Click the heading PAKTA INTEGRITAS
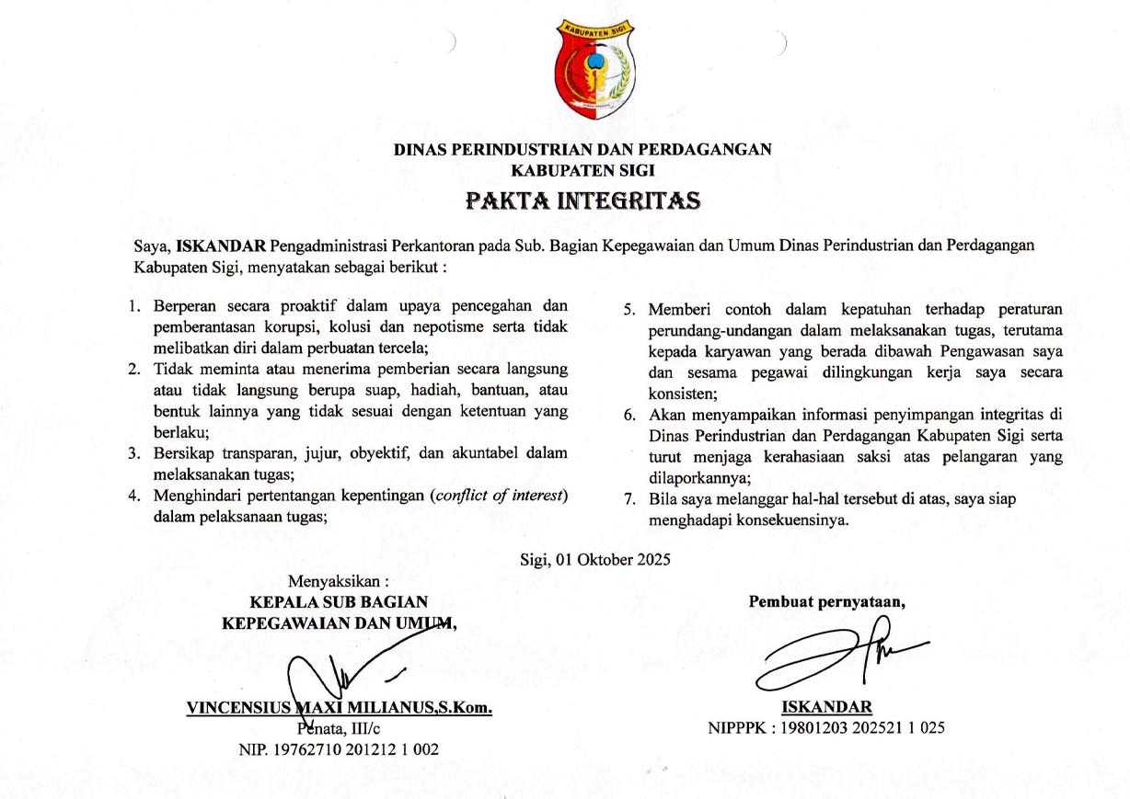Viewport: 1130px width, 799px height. tap(582, 200)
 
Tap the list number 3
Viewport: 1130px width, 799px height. tap(134, 452)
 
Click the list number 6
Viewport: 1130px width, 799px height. tap(629, 415)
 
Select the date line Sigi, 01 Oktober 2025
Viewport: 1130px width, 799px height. tap(594, 559)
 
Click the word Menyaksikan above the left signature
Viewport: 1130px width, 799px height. tap(336, 582)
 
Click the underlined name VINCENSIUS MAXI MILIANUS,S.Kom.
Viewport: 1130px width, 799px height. tap(340, 708)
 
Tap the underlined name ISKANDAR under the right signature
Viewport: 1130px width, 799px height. tap(826, 707)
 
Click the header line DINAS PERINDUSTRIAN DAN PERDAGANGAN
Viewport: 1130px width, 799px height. tap(582, 150)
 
